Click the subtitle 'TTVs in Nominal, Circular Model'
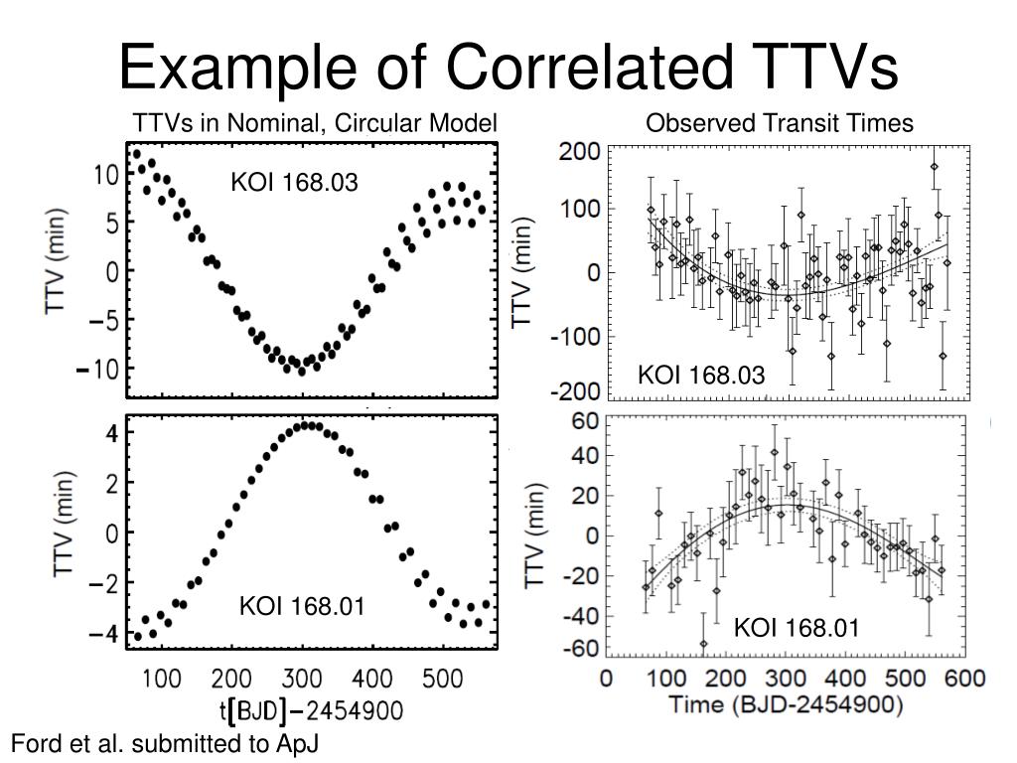pos(315,123)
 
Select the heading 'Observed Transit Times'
pos(779,123)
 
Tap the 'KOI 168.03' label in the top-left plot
pos(294,183)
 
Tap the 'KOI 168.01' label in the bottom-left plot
pos(302,605)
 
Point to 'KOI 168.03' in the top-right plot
pos(701,375)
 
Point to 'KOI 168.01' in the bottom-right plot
pos(797,628)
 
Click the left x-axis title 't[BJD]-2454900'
pos(311,711)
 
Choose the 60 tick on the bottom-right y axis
pos(584,420)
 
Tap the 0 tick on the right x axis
pos(606,680)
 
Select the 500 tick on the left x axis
pos(442,680)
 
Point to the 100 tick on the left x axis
pos(162,680)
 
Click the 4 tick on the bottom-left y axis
pos(113,433)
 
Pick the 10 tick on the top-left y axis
pos(106,175)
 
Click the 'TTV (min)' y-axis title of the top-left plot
pos(57,261)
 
